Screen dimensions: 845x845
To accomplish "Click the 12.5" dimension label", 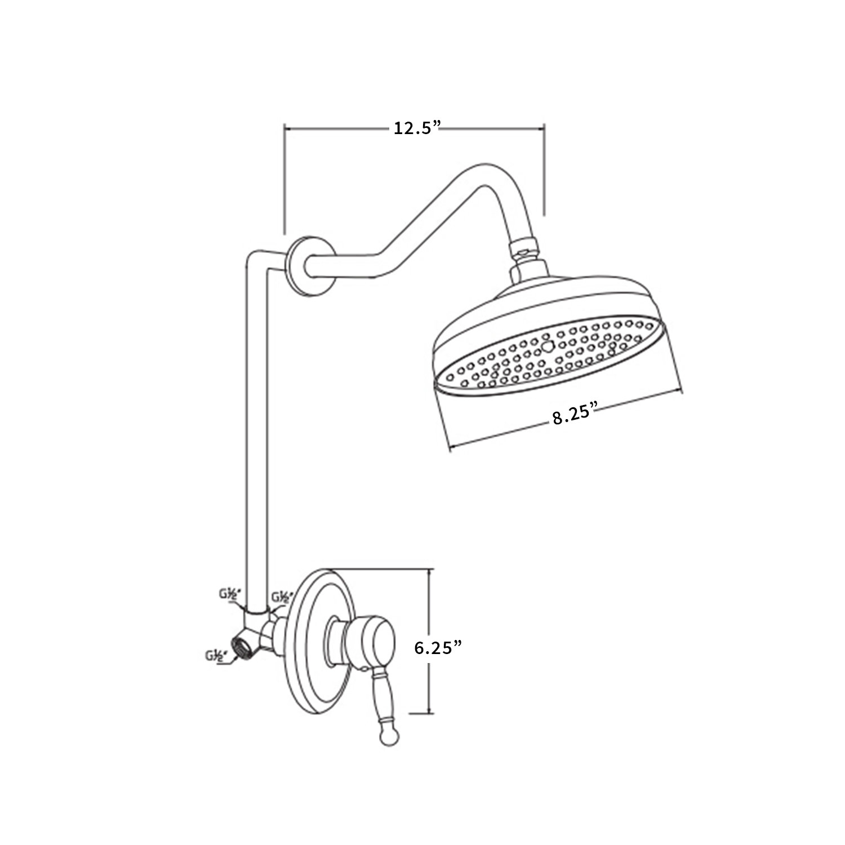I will [x=416, y=128].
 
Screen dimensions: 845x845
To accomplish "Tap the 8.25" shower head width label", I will [x=574, y=415].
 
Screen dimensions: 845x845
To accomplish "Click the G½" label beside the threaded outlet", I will [x=216, y=656].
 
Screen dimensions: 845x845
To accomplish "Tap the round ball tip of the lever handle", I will [x=388, y=737].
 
